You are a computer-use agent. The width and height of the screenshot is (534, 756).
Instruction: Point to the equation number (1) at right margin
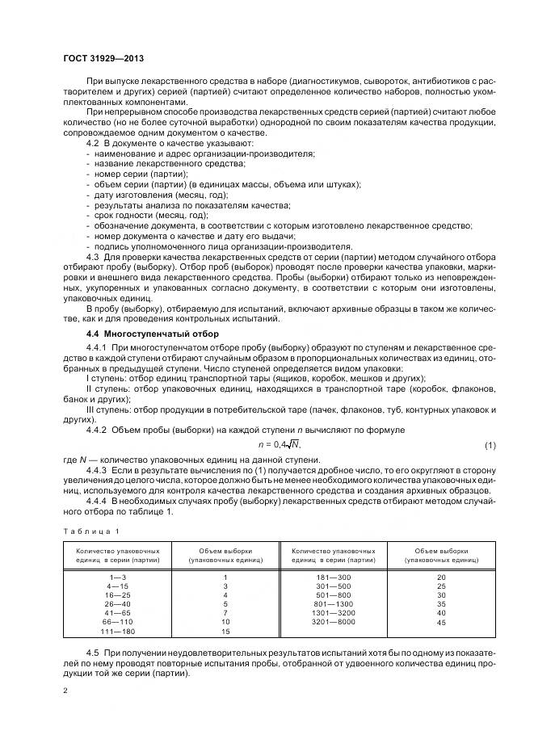pos(489,446)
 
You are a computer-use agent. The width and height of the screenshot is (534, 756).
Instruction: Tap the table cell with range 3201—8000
pos(333,622)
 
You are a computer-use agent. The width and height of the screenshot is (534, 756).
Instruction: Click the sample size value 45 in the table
pos(441,622)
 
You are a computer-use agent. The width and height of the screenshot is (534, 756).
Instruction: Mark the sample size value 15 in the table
pos(225,631)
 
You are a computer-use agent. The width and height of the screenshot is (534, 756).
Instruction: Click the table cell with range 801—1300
pos(333,604)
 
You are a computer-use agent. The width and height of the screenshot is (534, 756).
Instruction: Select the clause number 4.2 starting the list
pos(92,143)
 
